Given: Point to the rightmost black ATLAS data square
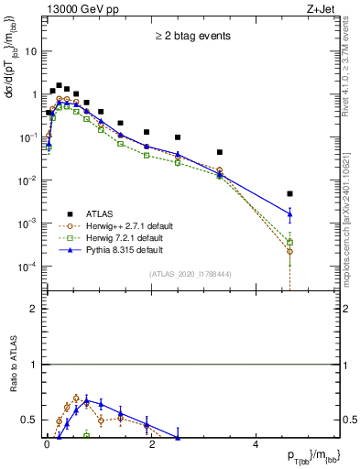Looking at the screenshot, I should [289, 194].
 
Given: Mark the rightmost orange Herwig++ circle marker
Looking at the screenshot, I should [289, 251].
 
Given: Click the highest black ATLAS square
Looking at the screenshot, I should [59, 85].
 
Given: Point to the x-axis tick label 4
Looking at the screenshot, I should [256, 446].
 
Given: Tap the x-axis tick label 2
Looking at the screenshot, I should [151, 446].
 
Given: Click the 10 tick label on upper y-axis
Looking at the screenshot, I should [30, 51].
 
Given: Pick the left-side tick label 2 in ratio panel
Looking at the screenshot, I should [34, 309].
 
